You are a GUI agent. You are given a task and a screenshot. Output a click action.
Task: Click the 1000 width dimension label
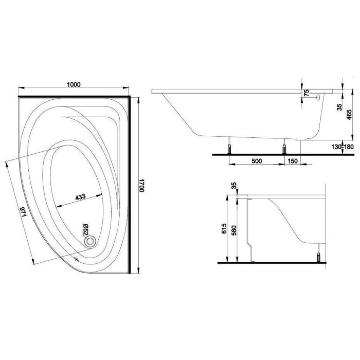[74, 84]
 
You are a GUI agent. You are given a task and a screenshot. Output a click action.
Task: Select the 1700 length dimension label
[141, 186]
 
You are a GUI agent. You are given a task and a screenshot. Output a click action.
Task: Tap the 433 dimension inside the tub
[80, 197]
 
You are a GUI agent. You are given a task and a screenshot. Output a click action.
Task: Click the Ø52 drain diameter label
[85, 229]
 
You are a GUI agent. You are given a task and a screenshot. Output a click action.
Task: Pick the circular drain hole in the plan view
[90, 242]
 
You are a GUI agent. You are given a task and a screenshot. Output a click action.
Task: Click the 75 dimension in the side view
[307, 93]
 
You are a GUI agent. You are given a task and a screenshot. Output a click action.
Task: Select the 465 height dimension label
[349, 115]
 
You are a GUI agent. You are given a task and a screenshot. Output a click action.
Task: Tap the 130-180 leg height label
[343, 147]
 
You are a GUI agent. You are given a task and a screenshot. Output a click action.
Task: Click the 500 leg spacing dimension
[257, 161]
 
